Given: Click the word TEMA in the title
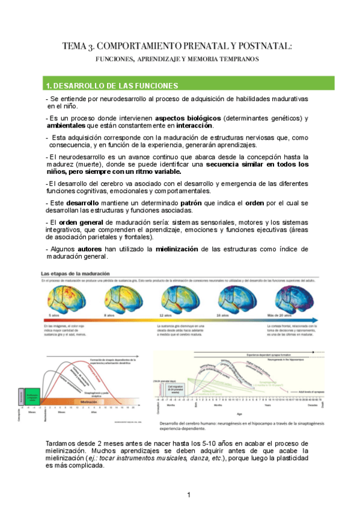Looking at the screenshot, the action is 75,46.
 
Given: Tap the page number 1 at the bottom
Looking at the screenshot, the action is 188,495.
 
